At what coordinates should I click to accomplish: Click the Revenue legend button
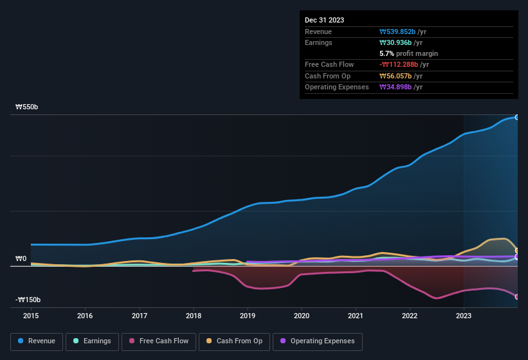click(37, 341)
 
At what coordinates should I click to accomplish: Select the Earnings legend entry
click(92, 341)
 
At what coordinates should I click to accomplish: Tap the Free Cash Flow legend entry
click(159, 341)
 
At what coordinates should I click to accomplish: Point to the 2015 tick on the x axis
click(31, 316)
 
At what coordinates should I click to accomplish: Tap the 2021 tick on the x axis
click(356, 316)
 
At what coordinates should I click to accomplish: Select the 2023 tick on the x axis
click(464, 316)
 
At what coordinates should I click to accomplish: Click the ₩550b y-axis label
click(27, 107)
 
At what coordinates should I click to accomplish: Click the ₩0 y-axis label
click(21, 259)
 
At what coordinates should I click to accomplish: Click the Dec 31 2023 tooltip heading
click(324, 20)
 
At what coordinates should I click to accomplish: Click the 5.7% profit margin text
click(408, 53)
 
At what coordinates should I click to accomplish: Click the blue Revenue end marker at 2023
click(516, 117)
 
